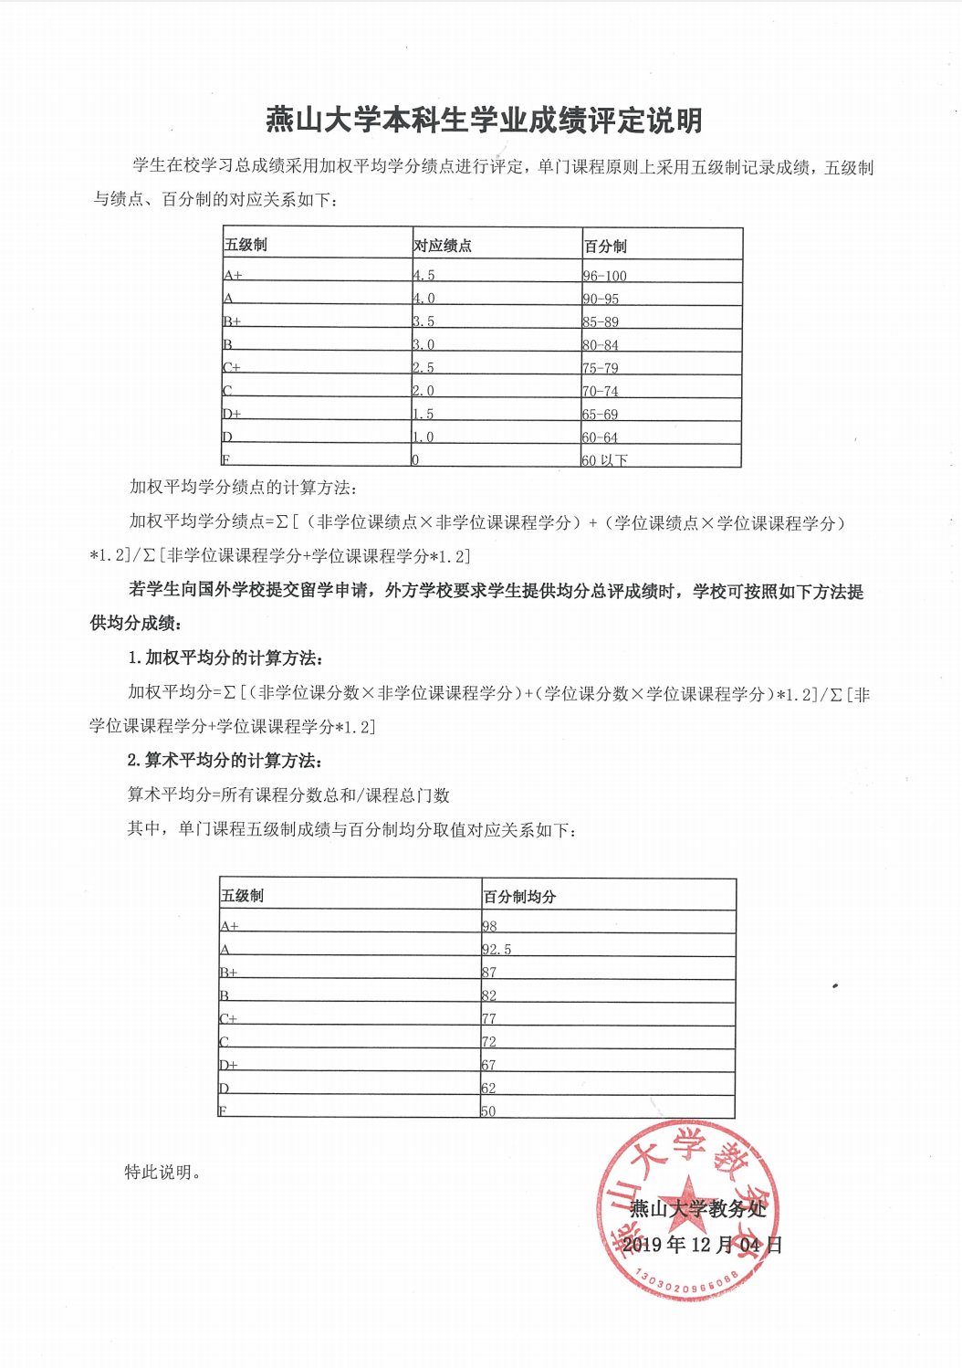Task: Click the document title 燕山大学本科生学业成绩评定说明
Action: tap(484, 121)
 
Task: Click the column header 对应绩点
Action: tap(443, 246)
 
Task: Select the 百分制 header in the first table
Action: tap(605, 247)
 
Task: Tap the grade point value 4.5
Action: tap(423, 275)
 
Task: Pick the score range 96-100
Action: tap(605, 276)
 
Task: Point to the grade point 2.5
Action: tap(423, 368)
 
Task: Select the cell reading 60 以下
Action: tap(605, 460)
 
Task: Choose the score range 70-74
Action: tap(601, 391)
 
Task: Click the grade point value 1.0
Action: tap(423, 437)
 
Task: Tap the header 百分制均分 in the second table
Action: tap(519, 897)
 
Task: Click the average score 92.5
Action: tap(497, 950)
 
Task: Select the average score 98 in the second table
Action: tap(489, 926)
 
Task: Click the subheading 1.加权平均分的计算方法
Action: tap(225, 658)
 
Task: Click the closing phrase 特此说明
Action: tap(162, 1172)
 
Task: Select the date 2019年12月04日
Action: tap(702, 1245)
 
